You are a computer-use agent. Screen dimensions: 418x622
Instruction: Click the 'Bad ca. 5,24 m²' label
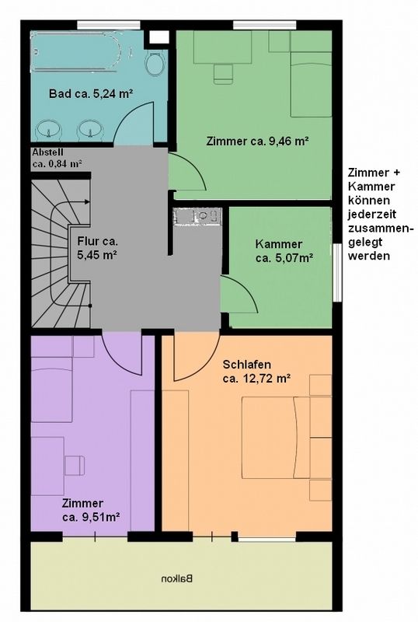coord(90,93)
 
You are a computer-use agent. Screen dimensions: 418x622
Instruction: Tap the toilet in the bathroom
coord(155,63)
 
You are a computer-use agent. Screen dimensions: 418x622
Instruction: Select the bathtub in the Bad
coord(77,52)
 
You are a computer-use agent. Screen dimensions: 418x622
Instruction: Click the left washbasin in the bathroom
coord(49,130)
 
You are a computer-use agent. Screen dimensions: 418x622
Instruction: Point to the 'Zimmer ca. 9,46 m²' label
coord(258,142)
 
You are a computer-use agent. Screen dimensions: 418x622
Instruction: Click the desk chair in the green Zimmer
coord(223,74)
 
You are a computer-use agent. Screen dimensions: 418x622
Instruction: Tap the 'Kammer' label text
coord(279,244)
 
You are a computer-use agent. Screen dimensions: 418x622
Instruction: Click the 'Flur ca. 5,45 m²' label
coord(97,247)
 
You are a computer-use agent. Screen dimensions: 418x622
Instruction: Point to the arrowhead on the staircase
coord(86,202)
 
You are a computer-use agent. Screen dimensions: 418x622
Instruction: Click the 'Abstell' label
coord(48,152)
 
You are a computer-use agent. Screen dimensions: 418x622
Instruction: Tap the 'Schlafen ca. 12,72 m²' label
coord(257,371)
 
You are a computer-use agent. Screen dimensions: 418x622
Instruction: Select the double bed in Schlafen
coord(276,437)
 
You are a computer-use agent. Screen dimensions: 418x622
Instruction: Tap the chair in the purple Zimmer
coord(75,465)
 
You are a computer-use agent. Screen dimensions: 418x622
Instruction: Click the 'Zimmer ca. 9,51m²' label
coord(91,510)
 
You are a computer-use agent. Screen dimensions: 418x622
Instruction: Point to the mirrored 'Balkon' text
coord(177,578)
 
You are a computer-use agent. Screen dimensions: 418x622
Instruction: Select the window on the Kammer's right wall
coord(336,273)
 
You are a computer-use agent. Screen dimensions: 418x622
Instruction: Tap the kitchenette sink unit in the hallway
coord(197,217)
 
